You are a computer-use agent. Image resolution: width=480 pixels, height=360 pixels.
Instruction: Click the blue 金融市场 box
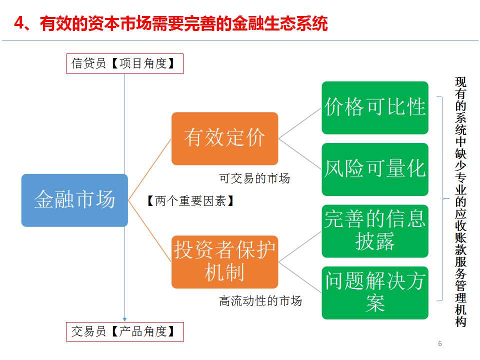(x=74, y=200)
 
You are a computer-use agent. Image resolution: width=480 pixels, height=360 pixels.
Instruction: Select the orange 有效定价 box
(x=224, y=138)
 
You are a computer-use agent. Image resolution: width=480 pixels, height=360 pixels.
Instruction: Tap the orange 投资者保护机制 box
(x=224, y=261)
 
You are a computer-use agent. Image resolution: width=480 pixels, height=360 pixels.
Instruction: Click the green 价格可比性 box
(x=375, y=107)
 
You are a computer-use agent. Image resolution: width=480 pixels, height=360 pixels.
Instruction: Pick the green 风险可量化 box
(x=375, y=169)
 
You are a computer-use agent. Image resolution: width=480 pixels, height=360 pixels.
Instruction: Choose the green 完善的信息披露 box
(x=375, y=231)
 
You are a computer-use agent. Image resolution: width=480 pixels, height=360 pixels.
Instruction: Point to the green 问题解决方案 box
(x=375, y=293)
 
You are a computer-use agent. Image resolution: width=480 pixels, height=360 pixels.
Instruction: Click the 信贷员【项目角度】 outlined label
(x=125, y=63)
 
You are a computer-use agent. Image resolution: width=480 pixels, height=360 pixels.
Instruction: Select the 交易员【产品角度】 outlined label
(x=125, y=331)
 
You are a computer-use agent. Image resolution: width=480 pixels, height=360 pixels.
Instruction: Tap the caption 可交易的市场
(x=254, y=178)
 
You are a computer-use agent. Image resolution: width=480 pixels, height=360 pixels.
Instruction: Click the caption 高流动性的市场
(x=260, y=301)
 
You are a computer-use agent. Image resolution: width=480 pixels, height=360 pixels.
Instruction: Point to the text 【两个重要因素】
(x=190, y=201)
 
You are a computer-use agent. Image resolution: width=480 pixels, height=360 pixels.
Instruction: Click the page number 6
(x=440, y=343)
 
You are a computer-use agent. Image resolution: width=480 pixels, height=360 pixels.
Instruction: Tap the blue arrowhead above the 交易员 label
(x=124, y=319)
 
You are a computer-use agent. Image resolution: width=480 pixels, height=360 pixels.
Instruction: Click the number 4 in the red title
(x=19, y=23)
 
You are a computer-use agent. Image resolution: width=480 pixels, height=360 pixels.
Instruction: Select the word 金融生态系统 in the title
(x=280, y=23)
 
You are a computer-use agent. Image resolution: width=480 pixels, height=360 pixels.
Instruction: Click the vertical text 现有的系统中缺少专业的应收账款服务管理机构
(x=460, y=202)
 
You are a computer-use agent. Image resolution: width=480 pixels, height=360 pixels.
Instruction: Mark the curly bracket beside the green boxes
(x=442, y=198)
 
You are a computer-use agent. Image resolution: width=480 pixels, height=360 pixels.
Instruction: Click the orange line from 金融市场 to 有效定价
(x=149, y=170)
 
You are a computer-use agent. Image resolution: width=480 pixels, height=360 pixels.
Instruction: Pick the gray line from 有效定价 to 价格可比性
(x=300, y=123)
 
